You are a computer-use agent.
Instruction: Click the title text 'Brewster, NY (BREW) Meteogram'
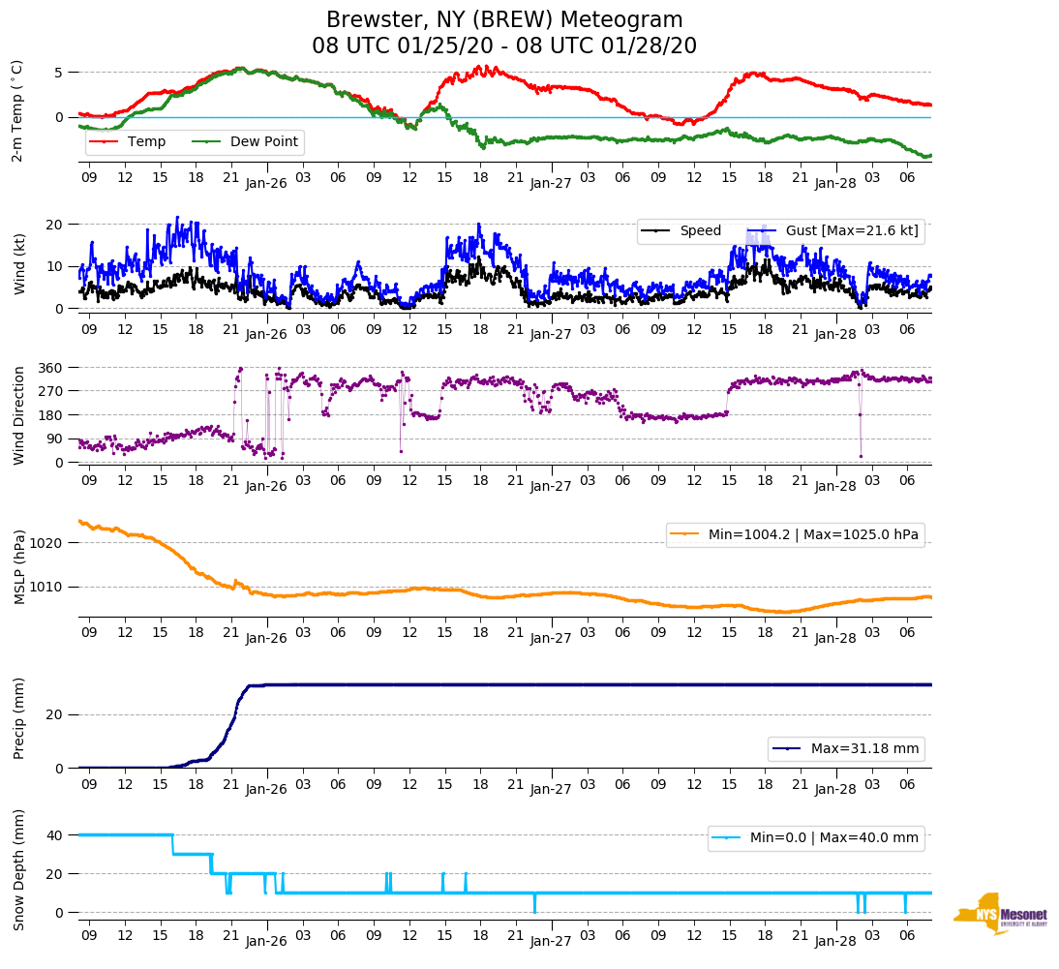[504, 20]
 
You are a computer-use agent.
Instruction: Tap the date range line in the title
[504, 46]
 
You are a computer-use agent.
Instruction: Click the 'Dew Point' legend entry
[263, 141]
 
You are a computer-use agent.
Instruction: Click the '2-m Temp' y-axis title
[17, 110]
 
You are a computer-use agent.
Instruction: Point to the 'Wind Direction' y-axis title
[17, 414]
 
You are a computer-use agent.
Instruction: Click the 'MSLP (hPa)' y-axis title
[17, 567]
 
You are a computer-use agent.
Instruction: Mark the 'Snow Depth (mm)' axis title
[17, 868]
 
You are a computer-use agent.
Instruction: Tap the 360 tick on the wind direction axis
[51, 368]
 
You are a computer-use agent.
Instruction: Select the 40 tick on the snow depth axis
[55, 835]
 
